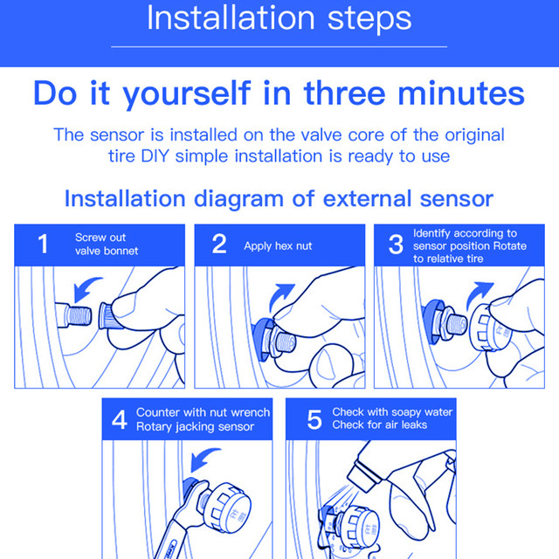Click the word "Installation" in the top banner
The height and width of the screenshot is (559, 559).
(x=231, y=17)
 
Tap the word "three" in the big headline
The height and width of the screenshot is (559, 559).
(x=345, y=93)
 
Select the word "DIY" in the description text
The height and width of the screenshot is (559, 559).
(x=155, y=156)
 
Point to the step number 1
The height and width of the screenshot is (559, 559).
(x=43, y=244)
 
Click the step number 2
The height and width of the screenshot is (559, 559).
(x=219, y=244)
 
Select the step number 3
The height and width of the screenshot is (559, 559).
(x=396, y=245)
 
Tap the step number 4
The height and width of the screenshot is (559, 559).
(x=119, y=419)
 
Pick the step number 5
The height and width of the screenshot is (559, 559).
(x=314, y=419)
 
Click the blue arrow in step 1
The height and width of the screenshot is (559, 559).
(x=85, y=288)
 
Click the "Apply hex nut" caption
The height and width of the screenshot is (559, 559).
(x=278, y=246)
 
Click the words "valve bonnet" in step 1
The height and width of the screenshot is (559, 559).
(x=107, y=251)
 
